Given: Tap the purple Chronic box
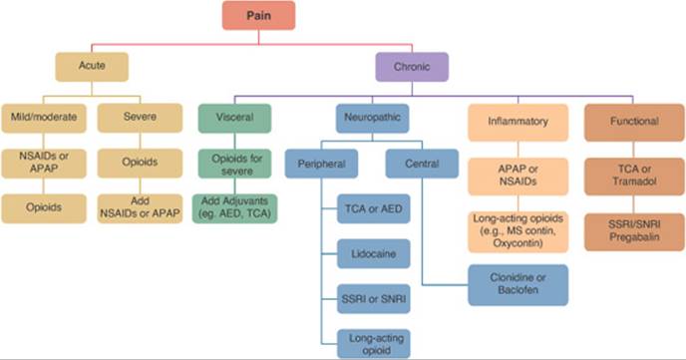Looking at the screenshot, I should (411, 67).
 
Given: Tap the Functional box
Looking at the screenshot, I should (632, 122).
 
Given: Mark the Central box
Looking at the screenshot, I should (421, 163).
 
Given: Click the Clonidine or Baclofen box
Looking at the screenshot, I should (518, 283).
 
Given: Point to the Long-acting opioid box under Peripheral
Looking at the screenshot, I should (371, 342).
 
